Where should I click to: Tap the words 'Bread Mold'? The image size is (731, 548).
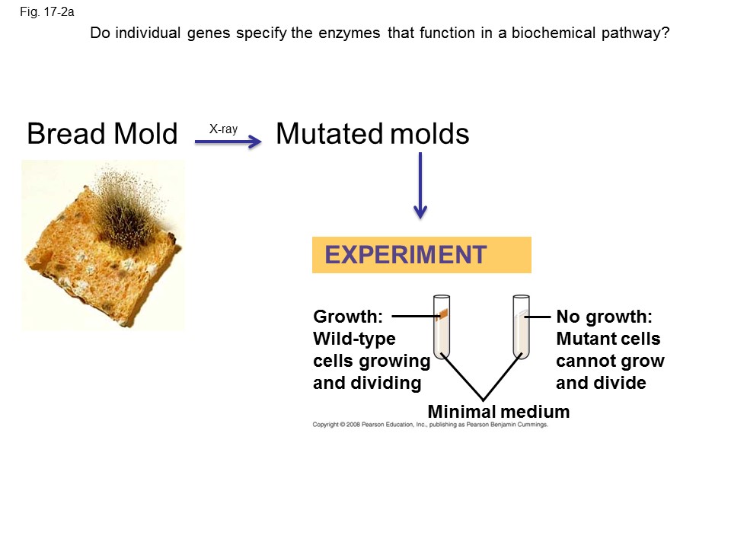point(102,134)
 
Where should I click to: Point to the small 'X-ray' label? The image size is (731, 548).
point(223,129)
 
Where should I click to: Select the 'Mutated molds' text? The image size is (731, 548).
point(372,134)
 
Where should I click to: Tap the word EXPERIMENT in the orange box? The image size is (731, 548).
point(406,255)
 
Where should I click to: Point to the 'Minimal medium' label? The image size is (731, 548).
point(498,412)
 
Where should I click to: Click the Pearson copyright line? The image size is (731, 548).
point(430,425)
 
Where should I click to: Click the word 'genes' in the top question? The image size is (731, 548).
point(209,34)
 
